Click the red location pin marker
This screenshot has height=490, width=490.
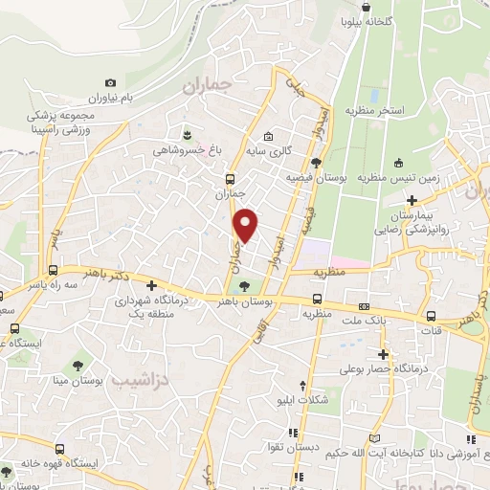point(247,224)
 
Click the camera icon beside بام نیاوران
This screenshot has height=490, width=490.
point(111,84)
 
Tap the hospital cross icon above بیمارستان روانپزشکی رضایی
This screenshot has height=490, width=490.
point(412,201)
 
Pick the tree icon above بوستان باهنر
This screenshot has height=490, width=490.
point(245,285)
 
